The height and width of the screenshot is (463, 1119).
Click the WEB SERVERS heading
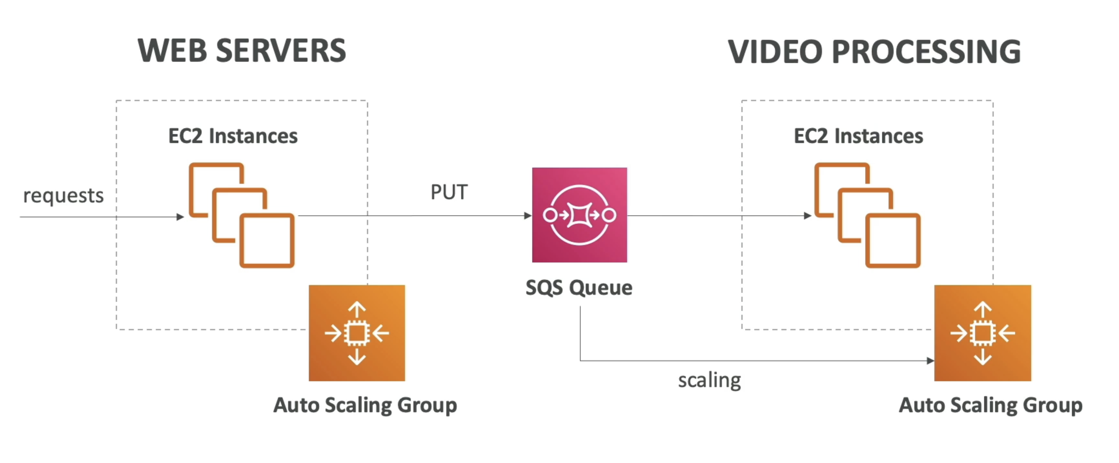coord(241,51)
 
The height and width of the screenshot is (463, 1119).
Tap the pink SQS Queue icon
coord(579,215)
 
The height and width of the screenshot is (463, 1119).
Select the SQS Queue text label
coord(578,287)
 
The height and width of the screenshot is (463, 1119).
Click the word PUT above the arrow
coord(449,192)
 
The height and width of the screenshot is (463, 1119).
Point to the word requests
coord(63,195)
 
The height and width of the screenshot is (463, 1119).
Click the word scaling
coord(709,380)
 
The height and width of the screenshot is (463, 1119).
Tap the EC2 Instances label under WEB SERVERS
coord(233,136)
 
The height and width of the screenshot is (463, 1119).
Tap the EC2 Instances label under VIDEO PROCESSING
coord(858,136)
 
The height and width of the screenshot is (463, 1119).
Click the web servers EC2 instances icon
coord(242,215)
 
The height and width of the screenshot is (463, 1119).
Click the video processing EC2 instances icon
coord(868,215)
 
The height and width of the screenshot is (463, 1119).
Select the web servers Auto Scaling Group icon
coord(357,333)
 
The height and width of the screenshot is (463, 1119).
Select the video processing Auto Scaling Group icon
coord(983,333)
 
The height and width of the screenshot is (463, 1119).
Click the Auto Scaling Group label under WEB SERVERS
coord(365,405)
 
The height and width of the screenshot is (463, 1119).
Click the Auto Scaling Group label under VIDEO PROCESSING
coord(990,405)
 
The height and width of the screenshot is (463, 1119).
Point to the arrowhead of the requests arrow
coord(180,217)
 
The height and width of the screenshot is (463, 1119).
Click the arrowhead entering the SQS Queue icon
coord(528,216)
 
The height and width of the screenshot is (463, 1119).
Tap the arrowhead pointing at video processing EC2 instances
coord(807,216)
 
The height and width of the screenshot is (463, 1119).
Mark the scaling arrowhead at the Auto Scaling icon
coord(930,361)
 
